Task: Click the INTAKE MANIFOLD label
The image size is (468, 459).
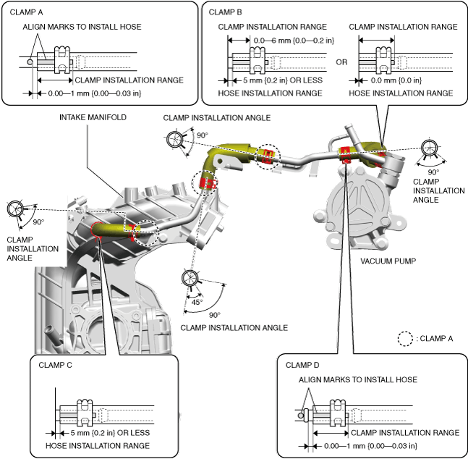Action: [93, 117]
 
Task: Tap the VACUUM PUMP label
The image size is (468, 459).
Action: [388, 261]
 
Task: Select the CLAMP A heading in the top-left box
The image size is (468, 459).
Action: [26, 12]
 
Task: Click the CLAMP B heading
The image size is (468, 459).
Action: [226, 12]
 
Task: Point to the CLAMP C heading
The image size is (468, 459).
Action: [55, 365]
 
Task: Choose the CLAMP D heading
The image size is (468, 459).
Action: [302, 365]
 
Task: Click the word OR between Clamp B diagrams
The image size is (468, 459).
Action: [341, 62]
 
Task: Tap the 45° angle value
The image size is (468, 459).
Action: [197, 302]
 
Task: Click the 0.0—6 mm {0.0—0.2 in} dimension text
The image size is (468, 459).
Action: [294, 41]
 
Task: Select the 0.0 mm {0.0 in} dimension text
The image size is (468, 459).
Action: [396, 80]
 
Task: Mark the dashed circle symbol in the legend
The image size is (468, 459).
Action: [405, 339]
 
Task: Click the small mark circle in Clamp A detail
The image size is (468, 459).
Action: [30, 62]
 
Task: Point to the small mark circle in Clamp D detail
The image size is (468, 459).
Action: [301, 416]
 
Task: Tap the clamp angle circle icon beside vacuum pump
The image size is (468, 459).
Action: [430, 148]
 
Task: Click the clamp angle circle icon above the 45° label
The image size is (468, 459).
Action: [190, 278]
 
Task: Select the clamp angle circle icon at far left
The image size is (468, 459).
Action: [15, 209]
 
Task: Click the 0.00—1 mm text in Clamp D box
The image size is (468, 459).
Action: [370, 446]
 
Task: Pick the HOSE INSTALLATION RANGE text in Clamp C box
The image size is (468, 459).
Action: [98, 446]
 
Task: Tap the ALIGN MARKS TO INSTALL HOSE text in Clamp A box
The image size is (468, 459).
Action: [82, 27]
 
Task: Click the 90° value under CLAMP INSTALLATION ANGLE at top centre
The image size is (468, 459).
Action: [202, 135]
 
